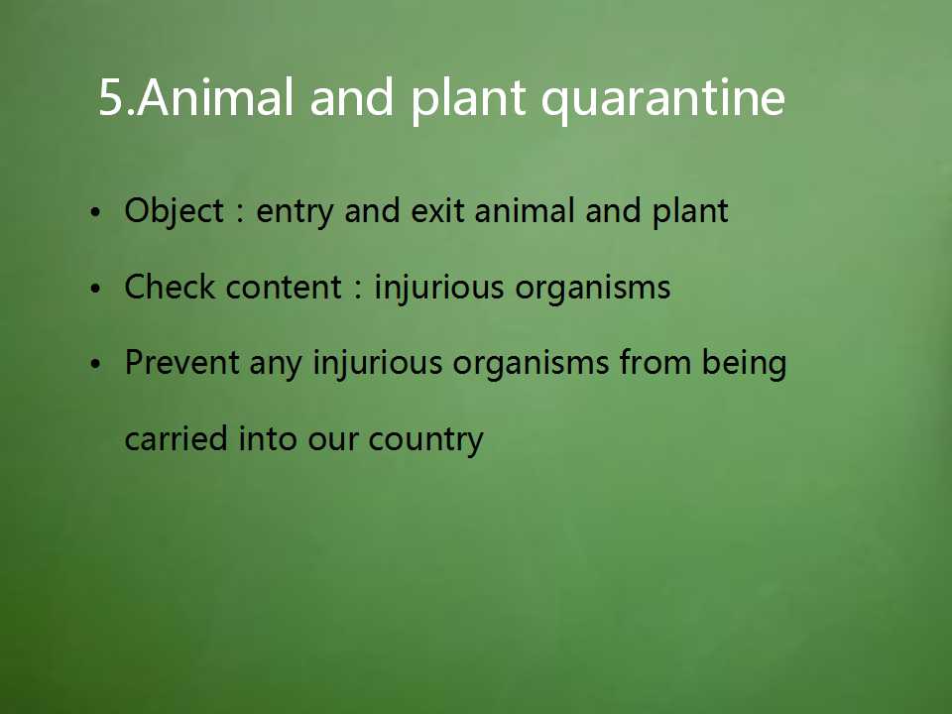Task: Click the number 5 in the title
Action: tap(110, 96)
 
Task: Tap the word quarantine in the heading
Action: tap(663, 99)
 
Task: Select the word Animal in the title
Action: tap(216, 96)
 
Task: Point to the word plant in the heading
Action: tap(468, 99)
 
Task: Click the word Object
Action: tap(175, 212)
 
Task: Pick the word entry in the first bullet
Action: tap(295, 213)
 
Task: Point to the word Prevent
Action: tap(181, 363)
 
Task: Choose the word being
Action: tap(744, 364)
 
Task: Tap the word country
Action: tap(425, 440)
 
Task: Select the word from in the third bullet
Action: tap(655, 363)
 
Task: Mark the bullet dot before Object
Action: tap(95, 212)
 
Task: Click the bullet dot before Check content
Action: tap(95, 289)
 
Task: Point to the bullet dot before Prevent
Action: tap(95, 365)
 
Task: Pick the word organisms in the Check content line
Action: tap(593, 289)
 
